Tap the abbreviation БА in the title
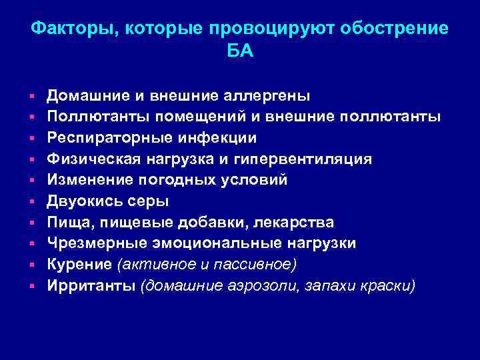pyautogui.click(x=240, y=51)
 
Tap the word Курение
pyautogui.click(x=79, y=265)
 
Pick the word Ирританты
pyautogui.click(x=89, y=286)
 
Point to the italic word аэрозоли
pyautogui.click(x=255, y=286)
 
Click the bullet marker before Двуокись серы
pyautogui.click(x=32, y=201)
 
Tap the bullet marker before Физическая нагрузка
pyautogui.click(x=32, y=159)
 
